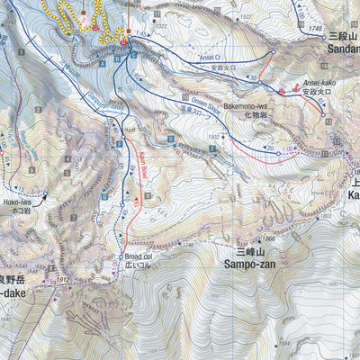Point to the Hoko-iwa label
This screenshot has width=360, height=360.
19,203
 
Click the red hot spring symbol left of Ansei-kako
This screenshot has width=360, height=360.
283,91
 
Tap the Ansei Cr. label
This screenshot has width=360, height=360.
209,57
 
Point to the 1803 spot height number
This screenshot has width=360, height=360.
350,216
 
